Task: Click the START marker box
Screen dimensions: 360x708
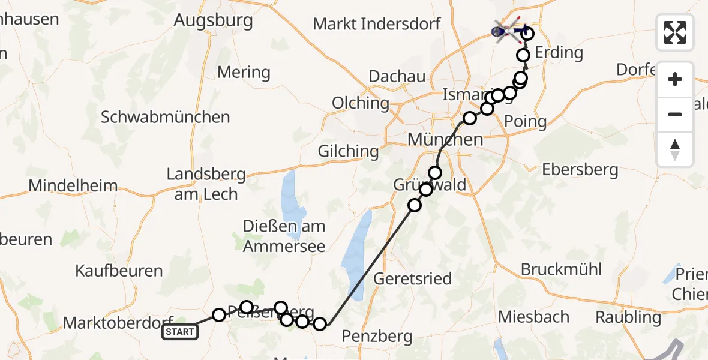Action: pyautogui.click(x=179, y=332)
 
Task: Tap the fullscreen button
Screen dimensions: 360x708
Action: pyautogui.click(x=675, y=32)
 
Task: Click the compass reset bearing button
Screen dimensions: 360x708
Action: pyautogui.click(x=675, y=149)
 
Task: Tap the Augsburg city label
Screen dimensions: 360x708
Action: pyautogui.click(x=213, y=20)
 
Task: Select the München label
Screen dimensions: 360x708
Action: pyautogui.click(x=445, y=139)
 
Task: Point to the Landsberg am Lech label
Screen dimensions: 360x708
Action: pyautogui.click(x=206, y=184)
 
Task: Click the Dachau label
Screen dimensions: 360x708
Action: pyautogui.click(x=397, y=76)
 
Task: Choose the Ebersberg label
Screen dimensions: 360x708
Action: pyautogui.click(x=580, y=169)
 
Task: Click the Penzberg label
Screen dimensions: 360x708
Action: pyautogui.click(x=377, y=336)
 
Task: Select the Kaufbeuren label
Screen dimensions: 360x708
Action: pyautogui.click(x=119, y=271)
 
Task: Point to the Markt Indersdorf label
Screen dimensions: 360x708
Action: pyautogui.click(x=377, y=24)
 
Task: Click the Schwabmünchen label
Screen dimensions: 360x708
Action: pyautogui.click(x=165, y=116)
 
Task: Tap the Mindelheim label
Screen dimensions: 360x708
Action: pyautogui.click(x=73, y=185)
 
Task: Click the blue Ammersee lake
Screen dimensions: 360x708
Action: pyautogui.click(x=292, y=192)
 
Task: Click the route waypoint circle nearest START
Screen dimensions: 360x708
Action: pyautogui.click(x=219, y=315)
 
